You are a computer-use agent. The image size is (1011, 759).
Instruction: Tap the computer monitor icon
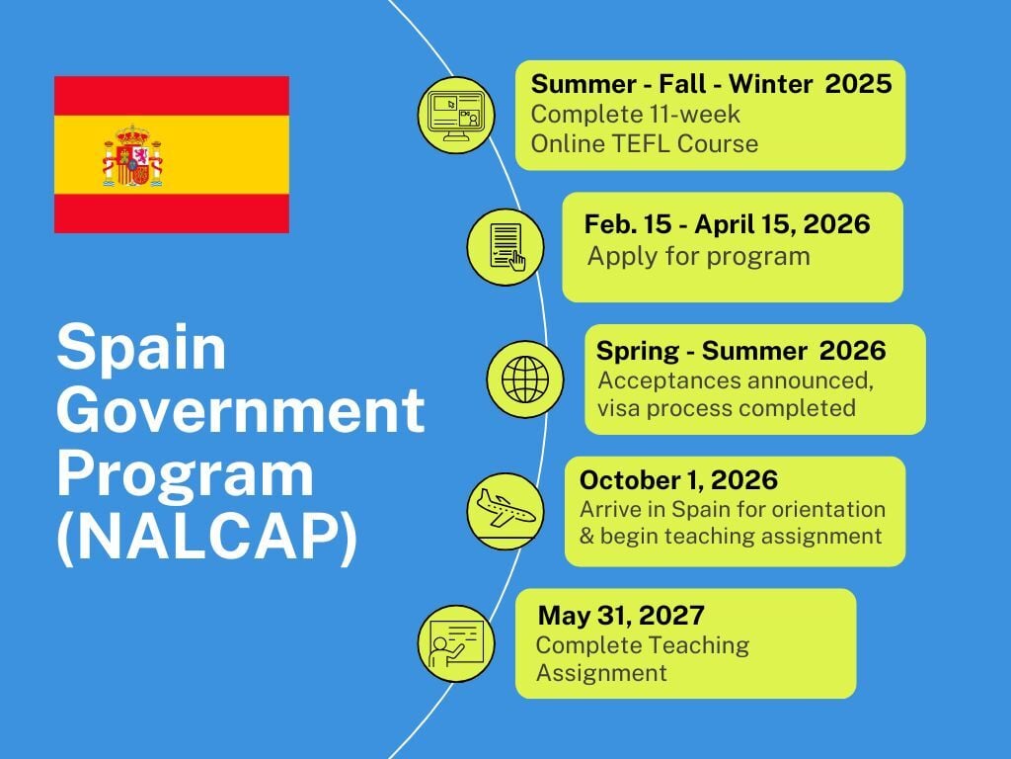pyautogui.click(x=455, y=115)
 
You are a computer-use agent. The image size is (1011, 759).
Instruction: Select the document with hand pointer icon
pyautogui.click(x=504, y=246)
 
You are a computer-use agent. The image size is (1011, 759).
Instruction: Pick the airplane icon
pyautogui.click(x=505, y=511)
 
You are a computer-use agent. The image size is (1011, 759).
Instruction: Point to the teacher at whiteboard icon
pyautogui.click(x=455, y=642)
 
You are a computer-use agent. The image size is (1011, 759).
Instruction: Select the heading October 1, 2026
pyautogui.click(x=678, y=481)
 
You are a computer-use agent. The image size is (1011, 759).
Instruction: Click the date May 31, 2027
pyautogui.click(x=621, y=616)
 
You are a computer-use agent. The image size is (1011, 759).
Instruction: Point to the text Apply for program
pyautogui.click(x=698, y=257)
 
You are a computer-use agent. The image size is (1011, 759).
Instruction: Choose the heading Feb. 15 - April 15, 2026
pyautogui.click(x=727, y=224)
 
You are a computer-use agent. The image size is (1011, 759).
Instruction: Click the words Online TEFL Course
pyautogui.click(x=645, y=144)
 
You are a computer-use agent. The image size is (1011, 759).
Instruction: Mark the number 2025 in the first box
pyautogui.click(x=858, y=84)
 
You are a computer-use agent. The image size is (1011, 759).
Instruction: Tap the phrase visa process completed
pyautogui.click(x=727, y=408)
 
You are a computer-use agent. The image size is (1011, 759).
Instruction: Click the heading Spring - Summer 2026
pyautogui.click(x=740, y=351)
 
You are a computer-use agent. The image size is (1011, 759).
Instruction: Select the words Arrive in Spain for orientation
pyautogui.click(x=733, y=510)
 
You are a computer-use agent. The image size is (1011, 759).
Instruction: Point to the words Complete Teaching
pyautogui.click(x=642, y=645)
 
